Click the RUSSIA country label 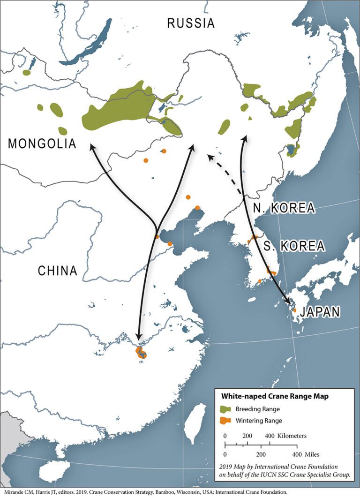coord(191,23)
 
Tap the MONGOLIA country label coord(42,143)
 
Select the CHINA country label coord(57,271)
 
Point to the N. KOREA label coord(282,208)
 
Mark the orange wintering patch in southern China coord(140,353)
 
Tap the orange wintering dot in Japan coord(294,310)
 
